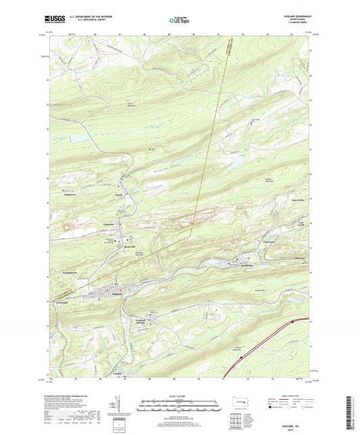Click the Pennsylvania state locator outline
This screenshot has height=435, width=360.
click(236, 409)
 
